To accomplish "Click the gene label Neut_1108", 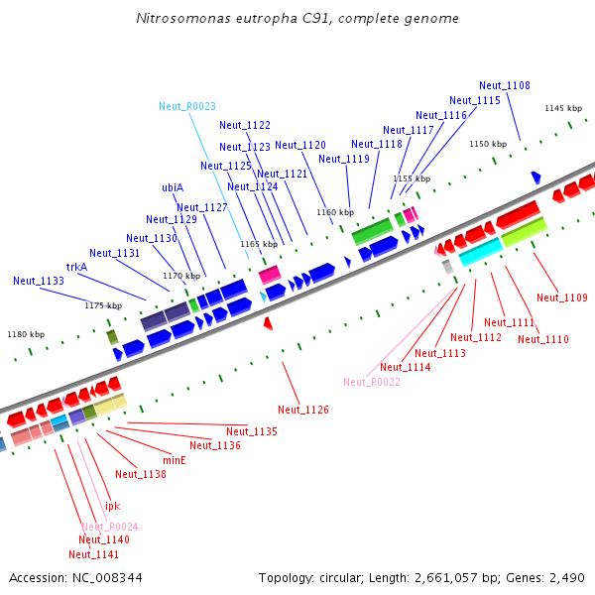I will [x=504, y=85].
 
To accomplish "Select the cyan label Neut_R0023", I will [x=187, y=106].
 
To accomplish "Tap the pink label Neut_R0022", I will [x=372, y=382].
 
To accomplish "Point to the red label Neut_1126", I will [x=303, y=410].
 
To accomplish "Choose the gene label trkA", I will [x=76, y=267].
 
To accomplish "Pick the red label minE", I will [x=174, y=460].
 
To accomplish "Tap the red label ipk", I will [x=113, y=506].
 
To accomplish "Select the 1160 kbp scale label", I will [x=335, y=212].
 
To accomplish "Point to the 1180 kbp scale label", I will [x=26, y=335].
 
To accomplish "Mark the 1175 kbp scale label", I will [x=103, y=305].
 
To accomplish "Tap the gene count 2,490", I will [x=566, y=577].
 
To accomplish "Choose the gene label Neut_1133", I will [x=39, y=281].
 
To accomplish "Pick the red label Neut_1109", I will [x=562, y=297].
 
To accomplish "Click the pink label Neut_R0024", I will [x=110, y=527].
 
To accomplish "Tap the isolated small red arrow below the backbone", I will [x=268, y=323].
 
